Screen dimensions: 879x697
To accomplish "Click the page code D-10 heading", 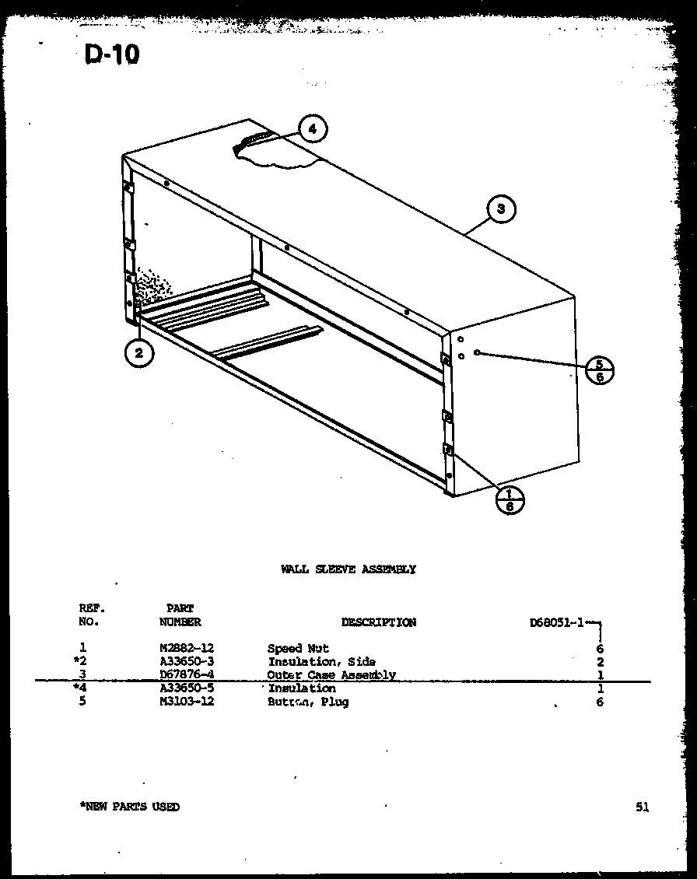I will [x=110, y=55].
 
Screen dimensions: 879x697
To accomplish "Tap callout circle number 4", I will [x=312, y=129].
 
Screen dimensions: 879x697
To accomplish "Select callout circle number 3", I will [x=501, y=208].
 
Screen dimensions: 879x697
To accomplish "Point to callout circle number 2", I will [x=138, y=353].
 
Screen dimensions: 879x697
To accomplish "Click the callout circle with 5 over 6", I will [x=599, y=369].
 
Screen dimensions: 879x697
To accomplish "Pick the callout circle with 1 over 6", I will [x=510, y=499].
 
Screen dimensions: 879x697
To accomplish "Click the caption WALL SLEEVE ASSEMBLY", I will [x=348, y=569].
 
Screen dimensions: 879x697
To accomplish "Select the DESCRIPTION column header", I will [x=378, y=622].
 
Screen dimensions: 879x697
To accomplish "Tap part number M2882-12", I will [x=186, y=648].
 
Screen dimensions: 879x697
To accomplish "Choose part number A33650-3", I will [x=186, y=661].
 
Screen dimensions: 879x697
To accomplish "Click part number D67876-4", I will [x=186, y=674].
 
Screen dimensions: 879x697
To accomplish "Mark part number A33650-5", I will [x=186, y=688].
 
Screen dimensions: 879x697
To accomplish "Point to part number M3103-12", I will [x=186, y=702].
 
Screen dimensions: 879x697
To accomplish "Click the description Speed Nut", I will [x=298, y=648].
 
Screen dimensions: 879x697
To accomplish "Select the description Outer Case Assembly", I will [x=331, y=675].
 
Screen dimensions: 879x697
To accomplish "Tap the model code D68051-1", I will [x=556, y=622].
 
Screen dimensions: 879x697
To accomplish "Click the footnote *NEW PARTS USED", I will [x=129, y=807].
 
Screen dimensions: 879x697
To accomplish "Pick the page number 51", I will [x=641, y=807].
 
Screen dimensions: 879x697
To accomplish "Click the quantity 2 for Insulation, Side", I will [x=601, y=662].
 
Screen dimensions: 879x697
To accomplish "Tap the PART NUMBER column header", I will [x=180, y=615].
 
